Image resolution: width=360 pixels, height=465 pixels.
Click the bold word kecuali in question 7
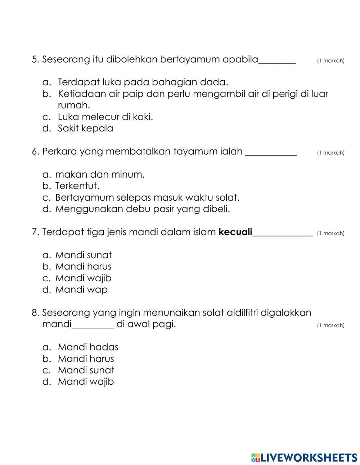[235, 232]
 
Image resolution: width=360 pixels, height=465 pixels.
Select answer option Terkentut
[77, 186]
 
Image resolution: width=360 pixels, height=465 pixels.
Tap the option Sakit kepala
[85, 128]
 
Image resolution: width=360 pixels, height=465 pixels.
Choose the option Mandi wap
[81, 290]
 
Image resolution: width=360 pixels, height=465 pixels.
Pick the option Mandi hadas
[88, 347]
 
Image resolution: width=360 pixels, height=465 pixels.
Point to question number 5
[35, 59]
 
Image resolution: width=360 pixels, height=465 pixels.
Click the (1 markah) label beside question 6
[330, 153]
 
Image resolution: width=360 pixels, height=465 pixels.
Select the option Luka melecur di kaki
[105, 117]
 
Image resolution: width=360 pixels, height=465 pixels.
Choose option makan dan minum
[100, 175]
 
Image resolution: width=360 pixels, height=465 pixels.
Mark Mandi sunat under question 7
[83, 255]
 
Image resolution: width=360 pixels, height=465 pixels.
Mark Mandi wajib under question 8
[86, 382]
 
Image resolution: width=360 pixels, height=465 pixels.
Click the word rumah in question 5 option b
[73, 106]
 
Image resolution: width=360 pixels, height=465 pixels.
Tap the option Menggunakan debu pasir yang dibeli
[142, 209]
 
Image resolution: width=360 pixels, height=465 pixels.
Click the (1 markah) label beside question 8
[330, 326]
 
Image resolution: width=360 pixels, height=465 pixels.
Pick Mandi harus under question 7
[83, 267]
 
